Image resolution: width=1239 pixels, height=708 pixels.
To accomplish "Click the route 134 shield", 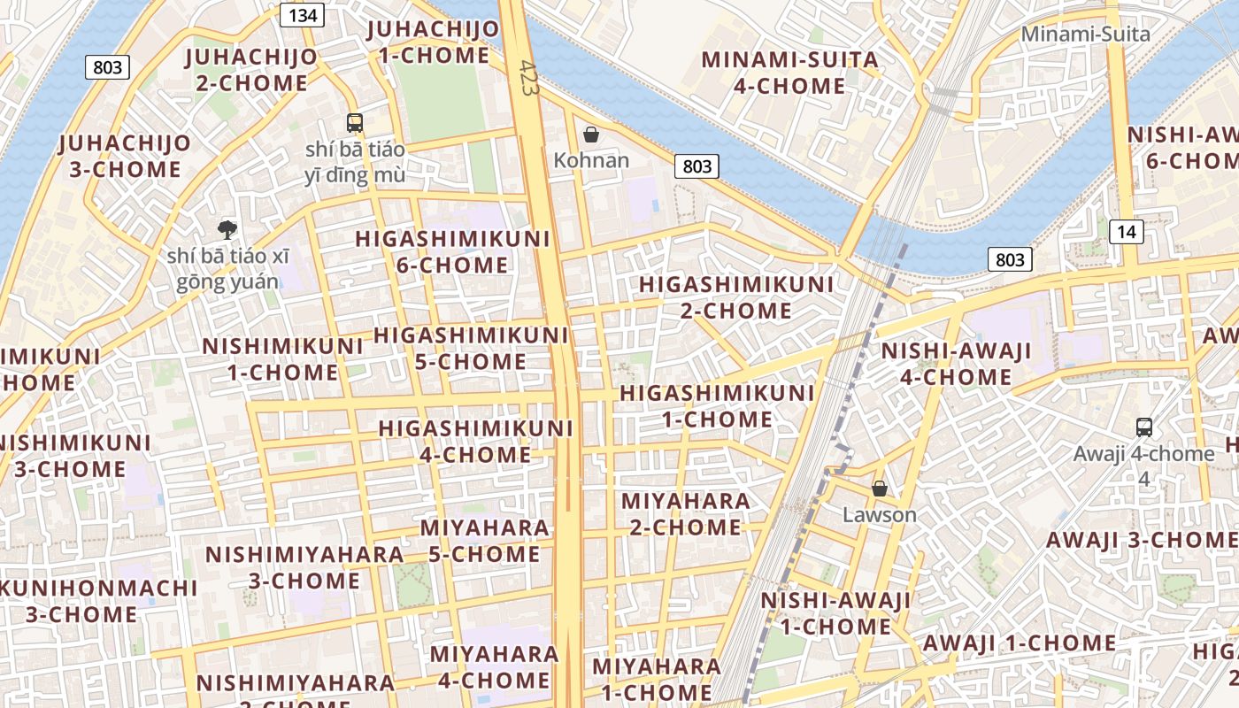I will [302, 15].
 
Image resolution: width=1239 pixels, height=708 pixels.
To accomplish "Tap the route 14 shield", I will [1126, 232].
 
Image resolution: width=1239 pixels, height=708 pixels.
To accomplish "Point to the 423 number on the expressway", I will [529, 79].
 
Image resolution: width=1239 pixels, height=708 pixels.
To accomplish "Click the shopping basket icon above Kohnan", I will [591, 135].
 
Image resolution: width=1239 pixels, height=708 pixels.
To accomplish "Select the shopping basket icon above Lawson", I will [880, 489].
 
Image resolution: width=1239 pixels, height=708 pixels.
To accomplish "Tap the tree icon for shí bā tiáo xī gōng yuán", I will [227, 230].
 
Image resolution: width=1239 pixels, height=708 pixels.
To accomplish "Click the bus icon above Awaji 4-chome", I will [1143, 427].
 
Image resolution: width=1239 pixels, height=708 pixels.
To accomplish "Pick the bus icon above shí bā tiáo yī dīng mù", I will [355, 123].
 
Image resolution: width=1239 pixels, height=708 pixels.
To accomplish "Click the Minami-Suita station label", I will [1085, 35].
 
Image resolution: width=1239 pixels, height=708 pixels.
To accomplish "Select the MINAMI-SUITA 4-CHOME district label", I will [790, 73].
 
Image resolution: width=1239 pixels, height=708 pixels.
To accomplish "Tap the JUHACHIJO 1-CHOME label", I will [433, 42].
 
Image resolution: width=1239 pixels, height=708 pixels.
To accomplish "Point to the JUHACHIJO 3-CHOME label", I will [125, 156].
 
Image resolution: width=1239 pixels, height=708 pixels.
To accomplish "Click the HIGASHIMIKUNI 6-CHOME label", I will [452, 252].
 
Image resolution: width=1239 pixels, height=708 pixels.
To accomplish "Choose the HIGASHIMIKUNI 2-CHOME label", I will [735, 297].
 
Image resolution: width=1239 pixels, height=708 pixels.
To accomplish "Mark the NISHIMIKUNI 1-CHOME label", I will [282, 359].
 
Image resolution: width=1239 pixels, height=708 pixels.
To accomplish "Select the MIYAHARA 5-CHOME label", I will [484, 541].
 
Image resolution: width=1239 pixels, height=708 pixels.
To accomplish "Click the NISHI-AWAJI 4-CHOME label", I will [956, 364].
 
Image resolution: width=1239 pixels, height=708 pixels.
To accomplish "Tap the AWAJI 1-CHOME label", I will [1019, 643].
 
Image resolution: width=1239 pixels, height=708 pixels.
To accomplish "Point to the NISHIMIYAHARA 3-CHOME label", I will [304, 567].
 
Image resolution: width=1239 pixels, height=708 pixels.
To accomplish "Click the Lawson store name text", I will [879, 514].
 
